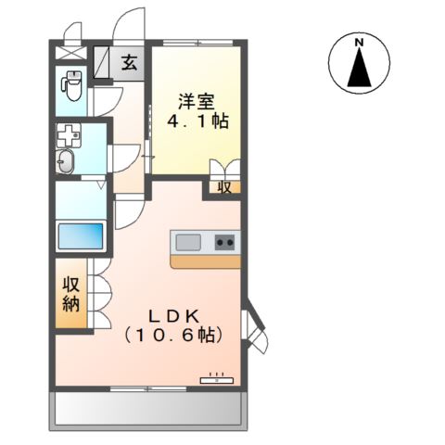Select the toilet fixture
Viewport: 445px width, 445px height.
[70, 86]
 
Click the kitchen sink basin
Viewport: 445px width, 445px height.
[188, 243]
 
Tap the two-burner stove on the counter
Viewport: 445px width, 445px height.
[224, 243]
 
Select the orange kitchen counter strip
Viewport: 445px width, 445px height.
[205, 261]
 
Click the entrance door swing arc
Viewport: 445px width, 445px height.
[130, 23]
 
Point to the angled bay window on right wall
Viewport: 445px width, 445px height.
[252, 325]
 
